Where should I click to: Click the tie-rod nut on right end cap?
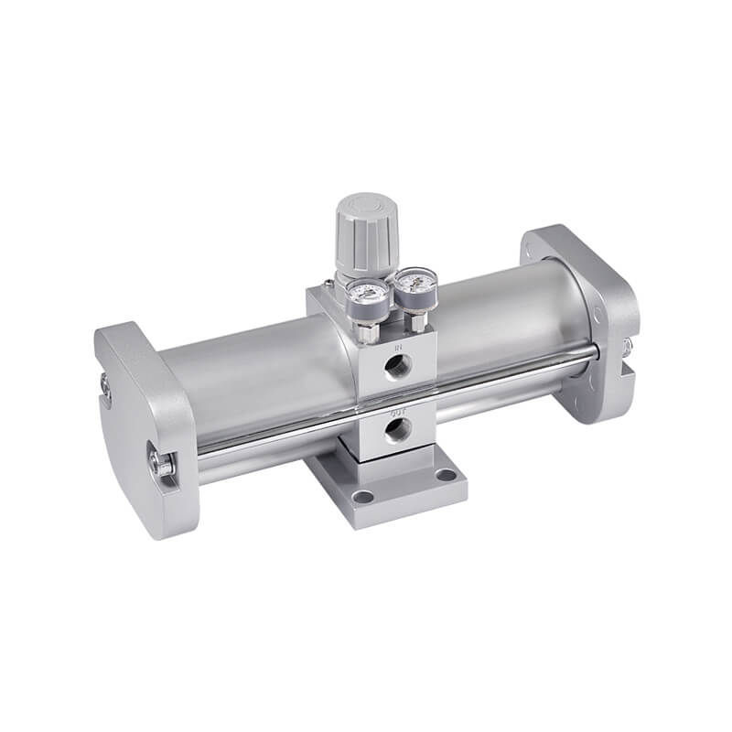pos(628,348)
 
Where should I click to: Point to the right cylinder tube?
pos(512,311)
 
